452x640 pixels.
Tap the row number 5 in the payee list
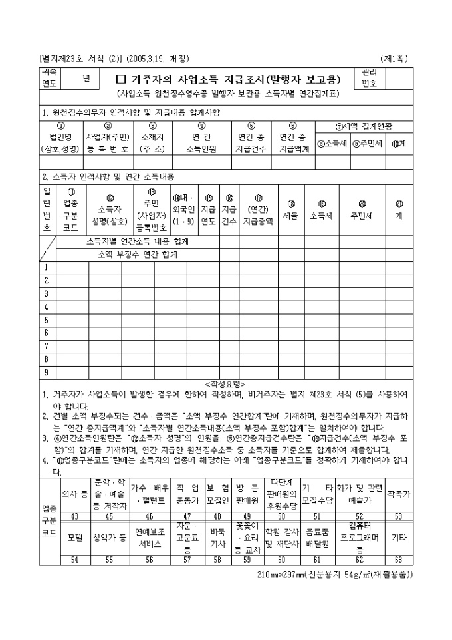47,320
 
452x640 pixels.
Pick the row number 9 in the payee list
47,372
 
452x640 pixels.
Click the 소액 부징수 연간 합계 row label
137,255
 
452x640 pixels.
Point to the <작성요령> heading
225,384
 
